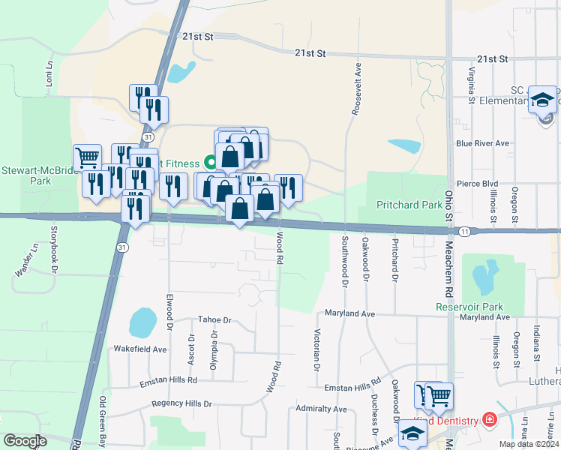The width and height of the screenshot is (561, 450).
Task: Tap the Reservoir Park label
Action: (469, 307)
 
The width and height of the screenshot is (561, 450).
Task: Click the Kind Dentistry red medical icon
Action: (490, 418)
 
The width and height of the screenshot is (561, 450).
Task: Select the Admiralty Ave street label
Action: (321, 409)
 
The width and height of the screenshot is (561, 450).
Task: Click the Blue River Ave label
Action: (482, 143)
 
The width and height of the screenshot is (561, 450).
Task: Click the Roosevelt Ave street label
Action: (358, 88)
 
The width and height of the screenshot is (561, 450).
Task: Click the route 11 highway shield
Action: (466, 231)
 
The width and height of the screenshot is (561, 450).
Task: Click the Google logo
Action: (25, 441)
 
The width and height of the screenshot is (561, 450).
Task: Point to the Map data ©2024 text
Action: (529, 444)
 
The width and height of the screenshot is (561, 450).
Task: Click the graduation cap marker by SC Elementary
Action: (542, 100)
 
